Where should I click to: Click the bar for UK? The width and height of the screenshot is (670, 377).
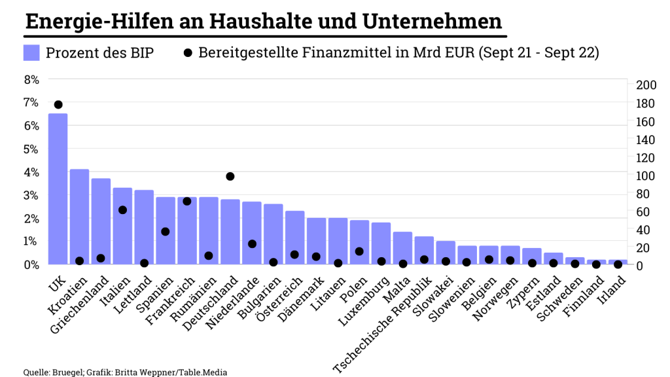tap(58, 190)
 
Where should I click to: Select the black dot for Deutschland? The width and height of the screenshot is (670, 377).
tap(230, 177)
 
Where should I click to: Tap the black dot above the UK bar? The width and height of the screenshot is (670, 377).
tap(58, 105)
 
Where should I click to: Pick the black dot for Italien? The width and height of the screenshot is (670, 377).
tap(122, 210)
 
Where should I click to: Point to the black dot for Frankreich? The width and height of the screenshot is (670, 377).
tap(186, 201)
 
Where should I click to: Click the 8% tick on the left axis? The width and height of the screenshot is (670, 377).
tap(31, 80)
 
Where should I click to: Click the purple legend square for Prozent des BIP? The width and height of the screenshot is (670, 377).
tap(31, 53)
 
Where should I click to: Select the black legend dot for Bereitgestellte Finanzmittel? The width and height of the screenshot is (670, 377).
tap(188, 53)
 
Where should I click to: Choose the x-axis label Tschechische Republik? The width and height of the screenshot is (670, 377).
tap(383, 324)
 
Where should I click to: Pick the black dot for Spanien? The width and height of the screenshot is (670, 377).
tap(165, 232)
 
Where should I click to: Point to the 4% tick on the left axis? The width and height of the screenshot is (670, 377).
tap(31, 173)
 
